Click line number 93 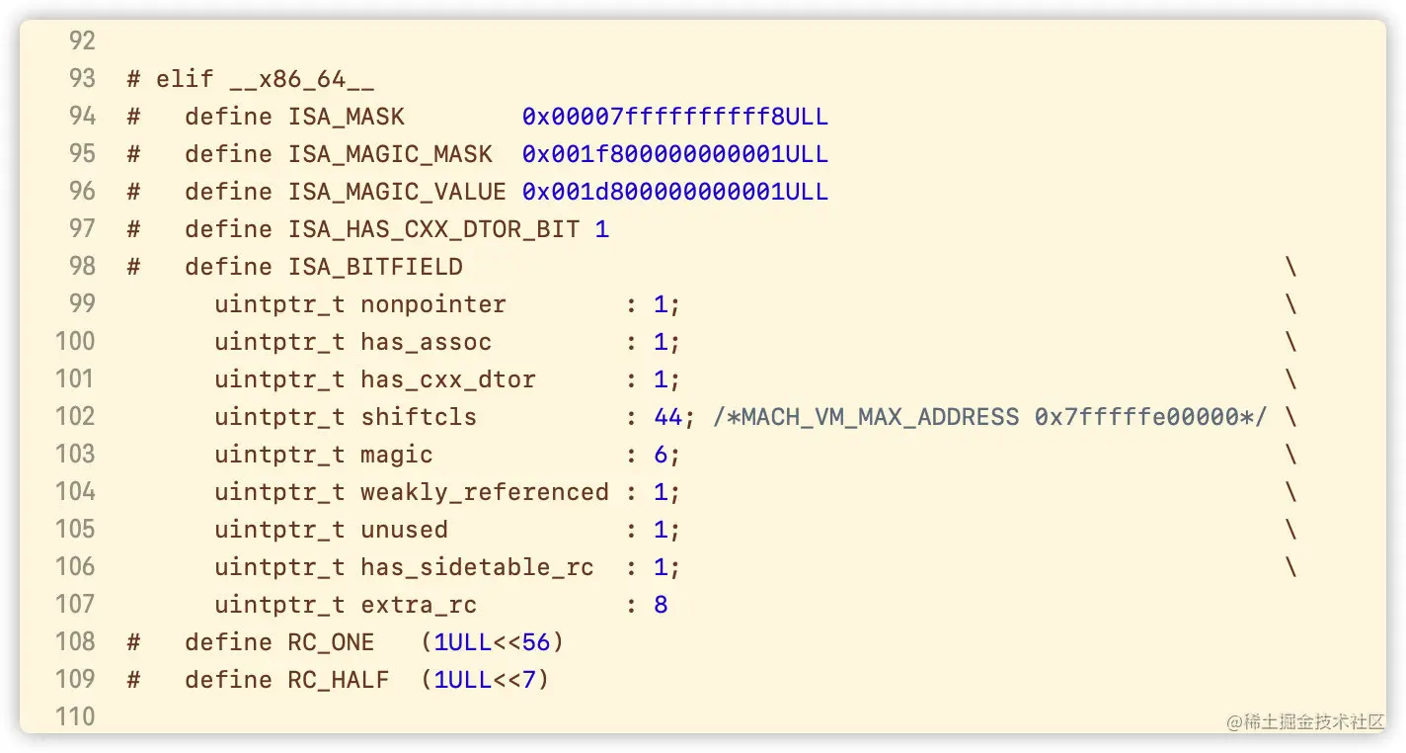[82, 79]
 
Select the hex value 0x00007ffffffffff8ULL [674, 117]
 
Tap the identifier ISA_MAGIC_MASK [390, 154]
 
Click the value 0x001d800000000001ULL [674, 192]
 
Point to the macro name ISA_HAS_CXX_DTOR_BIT [433, 229]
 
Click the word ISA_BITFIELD [375, 267]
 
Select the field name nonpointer [432, 304]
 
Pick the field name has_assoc [426, 342]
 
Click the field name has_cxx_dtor [447, 379]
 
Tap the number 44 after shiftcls [667, 417]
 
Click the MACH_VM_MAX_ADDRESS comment [988, 417]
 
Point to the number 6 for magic [661, 455]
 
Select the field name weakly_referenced [484, 492]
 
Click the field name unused [404, 530]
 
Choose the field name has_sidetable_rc [477, 567]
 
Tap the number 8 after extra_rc [661, 605]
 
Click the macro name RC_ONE [331, 642]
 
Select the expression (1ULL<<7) [484, 680]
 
